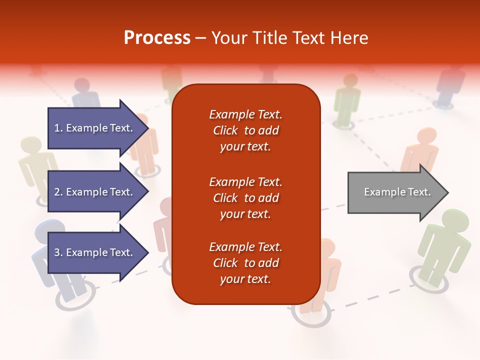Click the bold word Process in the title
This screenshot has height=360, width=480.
tap(157, 38)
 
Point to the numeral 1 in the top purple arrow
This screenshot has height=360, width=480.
tap(57, 128)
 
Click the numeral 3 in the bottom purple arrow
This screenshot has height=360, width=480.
tap(57, 252)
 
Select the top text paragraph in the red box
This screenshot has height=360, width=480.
tap(245, 130)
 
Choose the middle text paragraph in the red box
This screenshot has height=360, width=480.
tap(245, 198)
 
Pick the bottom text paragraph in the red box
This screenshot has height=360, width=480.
tap(245, 263)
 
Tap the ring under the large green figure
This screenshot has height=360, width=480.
tap(428, 277)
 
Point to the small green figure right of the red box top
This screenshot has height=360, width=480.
tap(347, 100)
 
